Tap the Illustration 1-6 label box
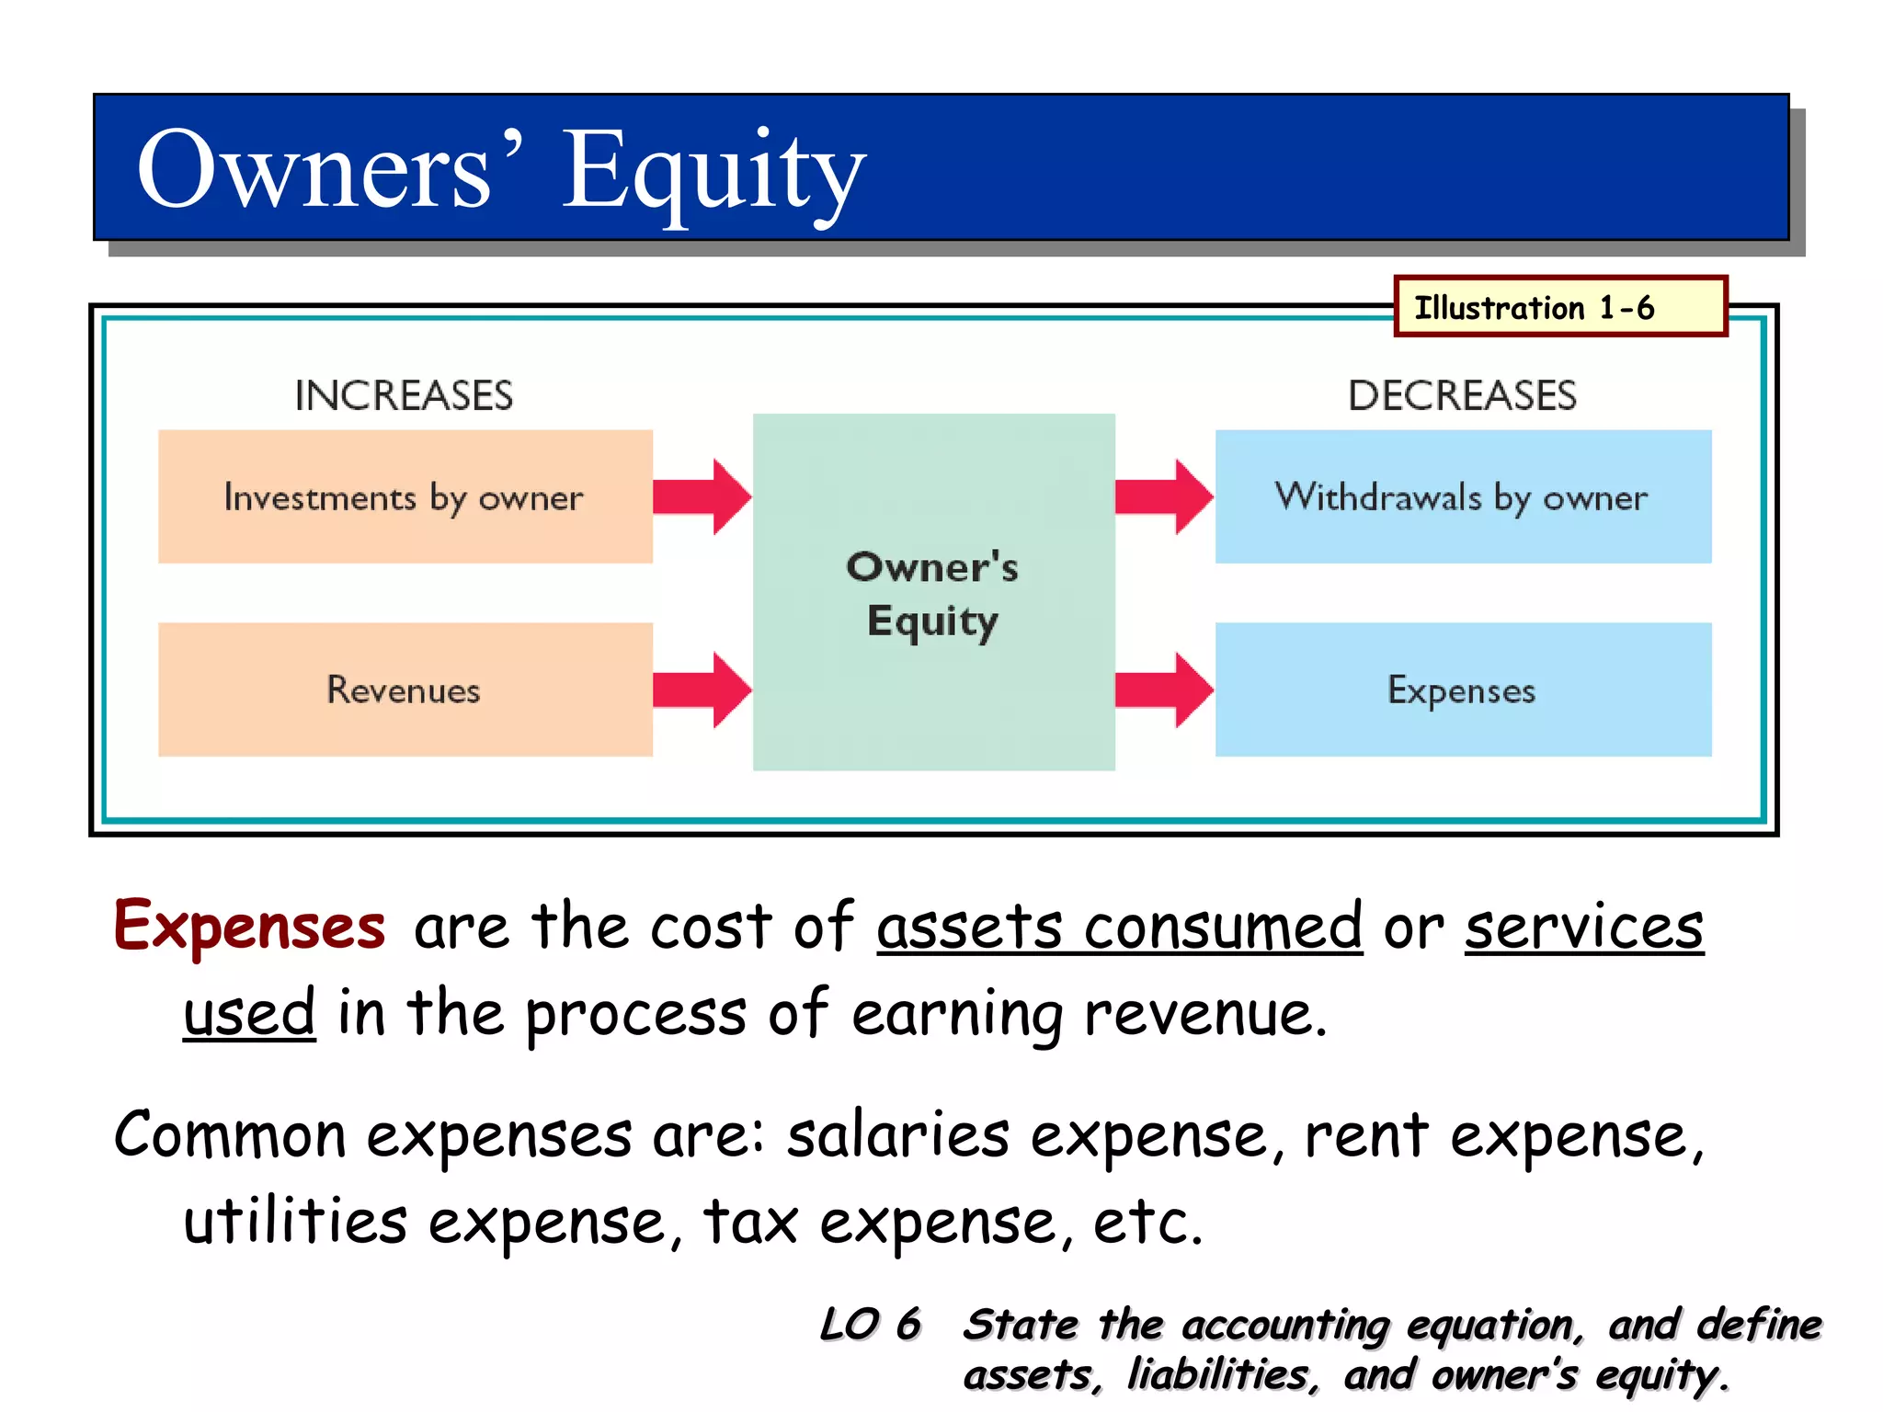(1559, 307)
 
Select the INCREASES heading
(404, 396)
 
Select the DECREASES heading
(1462, 396)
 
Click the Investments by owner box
(405, 497)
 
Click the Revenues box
(405, 690)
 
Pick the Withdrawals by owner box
(1463, 497)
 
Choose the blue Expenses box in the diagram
(1463, 690)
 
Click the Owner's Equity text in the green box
(932, 594)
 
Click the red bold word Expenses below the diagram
(249, 927)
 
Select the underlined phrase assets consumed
(1119, 927)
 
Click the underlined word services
(1583, 927)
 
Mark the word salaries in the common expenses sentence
(897, 1135)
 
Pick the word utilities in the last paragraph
(294, 1222)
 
